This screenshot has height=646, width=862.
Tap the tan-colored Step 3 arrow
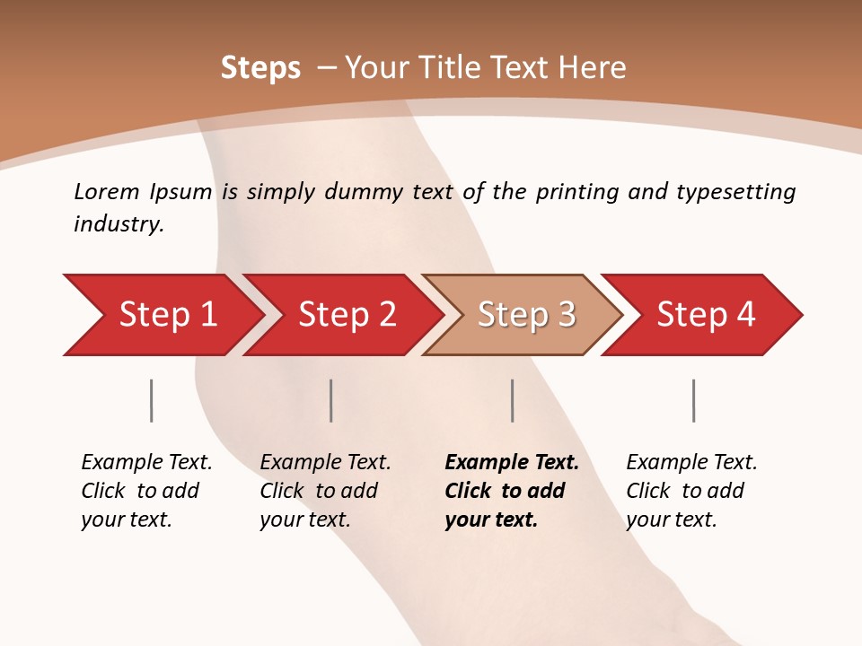click(526, 315)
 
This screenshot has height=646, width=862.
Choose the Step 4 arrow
click(706, 315)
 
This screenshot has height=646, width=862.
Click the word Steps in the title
click(260, 68)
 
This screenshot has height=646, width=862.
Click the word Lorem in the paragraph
click(106, 192)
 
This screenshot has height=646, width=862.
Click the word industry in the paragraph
click(119, 224)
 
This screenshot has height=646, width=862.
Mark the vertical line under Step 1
click(151, 400)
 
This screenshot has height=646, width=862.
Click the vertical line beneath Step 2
click(331, 400)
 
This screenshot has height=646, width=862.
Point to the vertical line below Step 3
click(512, 400)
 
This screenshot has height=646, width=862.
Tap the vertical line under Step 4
click(693, 400)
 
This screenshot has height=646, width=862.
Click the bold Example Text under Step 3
click(512, 463)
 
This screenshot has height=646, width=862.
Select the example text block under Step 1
click(146, 491)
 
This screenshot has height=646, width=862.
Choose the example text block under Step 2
click(325, 491)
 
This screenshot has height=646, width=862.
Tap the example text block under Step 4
click(691, 491)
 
